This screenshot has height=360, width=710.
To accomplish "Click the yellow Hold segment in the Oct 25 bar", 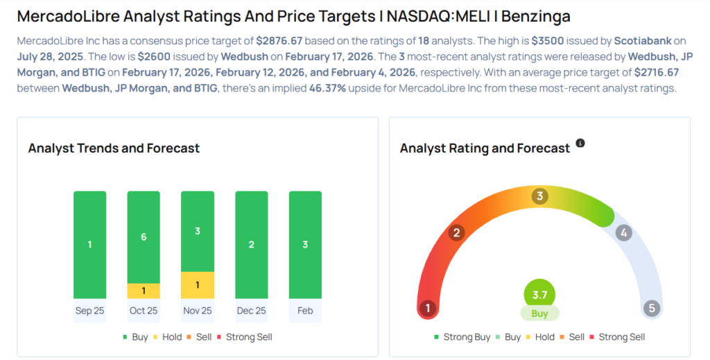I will tap(144, 291).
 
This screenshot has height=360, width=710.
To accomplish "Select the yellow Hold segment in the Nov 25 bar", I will tap(198, 284).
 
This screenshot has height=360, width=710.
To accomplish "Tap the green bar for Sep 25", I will tap(89, 244).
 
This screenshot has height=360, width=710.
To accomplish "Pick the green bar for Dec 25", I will tap(251, 244).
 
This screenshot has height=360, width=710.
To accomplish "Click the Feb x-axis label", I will tap(305, 311).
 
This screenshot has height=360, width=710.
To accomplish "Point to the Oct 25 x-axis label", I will tap(144, 311).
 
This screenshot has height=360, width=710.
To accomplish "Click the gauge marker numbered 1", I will tap(428, 308).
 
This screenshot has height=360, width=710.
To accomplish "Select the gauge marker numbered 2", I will tap(456, 232).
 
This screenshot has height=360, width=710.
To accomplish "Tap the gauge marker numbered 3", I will tap(539, 196).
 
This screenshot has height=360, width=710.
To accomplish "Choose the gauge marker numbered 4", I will tap(624, 233).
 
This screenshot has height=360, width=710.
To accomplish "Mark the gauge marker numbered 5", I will tap(651, 308).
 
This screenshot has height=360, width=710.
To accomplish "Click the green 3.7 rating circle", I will tap(539, 294).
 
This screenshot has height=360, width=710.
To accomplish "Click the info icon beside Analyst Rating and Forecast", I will tap(580, 144).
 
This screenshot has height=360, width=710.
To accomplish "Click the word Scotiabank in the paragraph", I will tap(642, 41).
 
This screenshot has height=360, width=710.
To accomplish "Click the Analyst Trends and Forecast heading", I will tap(114, 148).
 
